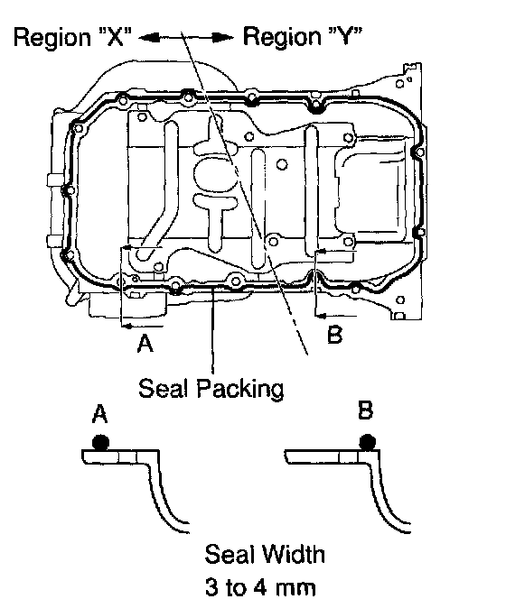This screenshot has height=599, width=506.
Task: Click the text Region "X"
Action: (x=72, y=38)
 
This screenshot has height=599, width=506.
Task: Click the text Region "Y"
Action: (x=303, y=36)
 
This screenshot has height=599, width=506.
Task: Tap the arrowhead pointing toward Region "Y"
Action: (x=223, y=38)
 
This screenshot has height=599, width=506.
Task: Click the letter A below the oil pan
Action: (x=145, y=343)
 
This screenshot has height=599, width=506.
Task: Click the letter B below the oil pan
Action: (x=334, y=335)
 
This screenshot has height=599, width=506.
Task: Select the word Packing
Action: (x=240, y=390)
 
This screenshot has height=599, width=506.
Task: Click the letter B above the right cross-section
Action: (x=365, y=411)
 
